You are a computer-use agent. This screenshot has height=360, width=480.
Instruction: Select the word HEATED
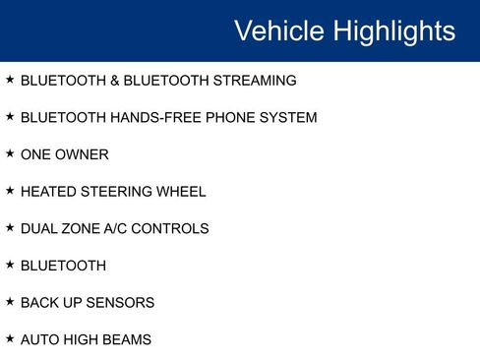45,192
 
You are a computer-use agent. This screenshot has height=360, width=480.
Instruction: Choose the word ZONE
82,229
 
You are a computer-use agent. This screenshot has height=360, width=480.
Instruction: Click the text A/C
119,229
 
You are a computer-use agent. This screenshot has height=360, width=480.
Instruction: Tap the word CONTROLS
174,229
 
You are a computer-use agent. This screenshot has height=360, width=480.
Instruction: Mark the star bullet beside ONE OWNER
10,153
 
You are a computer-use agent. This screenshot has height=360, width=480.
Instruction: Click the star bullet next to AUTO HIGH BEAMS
10,339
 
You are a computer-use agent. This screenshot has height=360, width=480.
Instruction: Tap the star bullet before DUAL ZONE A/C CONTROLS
10,228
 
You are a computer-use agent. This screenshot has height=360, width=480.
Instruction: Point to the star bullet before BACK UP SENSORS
10,302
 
